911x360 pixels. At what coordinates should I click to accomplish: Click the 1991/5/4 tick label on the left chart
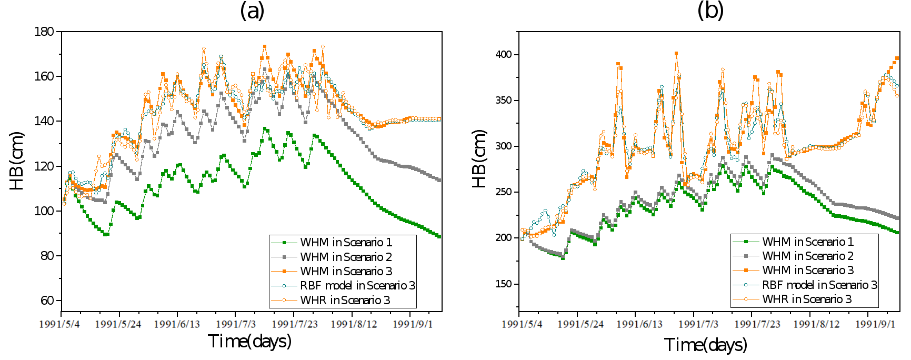tap(59, 324)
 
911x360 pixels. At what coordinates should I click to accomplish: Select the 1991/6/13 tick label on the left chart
tap(177, 324)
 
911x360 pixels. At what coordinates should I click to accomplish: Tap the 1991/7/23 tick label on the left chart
tap(295, 324)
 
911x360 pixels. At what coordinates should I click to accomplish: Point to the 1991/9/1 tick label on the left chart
tap(413, 324)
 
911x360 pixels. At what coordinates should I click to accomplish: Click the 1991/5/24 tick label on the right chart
tap(580, 324)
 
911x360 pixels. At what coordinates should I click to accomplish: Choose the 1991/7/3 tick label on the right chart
tap(698, 324)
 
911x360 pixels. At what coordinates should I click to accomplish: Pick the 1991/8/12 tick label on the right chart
tap(816, 324)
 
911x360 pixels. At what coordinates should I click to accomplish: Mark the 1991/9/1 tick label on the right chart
tap(875, 324)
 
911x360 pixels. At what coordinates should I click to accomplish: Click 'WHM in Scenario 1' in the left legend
tap(346, 243)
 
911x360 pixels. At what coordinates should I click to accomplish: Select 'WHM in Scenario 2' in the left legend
tap(346, 257)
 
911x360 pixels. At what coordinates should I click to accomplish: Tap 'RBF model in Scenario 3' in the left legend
tap(357, 286)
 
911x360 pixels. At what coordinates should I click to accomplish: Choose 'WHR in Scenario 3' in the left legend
tap(345, 301)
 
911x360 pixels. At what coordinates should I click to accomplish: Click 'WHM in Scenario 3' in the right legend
tap(808, 271)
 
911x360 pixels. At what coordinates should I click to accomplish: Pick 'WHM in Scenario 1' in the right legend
tap(808, 242)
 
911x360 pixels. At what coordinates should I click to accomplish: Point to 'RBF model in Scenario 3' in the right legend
tap(819, 285)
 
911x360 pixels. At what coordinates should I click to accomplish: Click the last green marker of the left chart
tap(439, 236)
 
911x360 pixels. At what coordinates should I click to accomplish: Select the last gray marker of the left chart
tap(439, 181)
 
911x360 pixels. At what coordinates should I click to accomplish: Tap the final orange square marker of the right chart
tap(897, 58)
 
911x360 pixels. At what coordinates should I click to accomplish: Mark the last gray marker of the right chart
tap(897, 218)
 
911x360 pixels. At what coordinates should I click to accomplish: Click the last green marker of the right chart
tap(897, 232)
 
